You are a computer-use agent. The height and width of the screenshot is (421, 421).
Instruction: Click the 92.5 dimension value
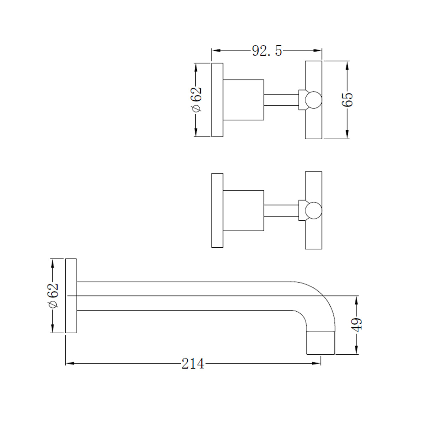point(267,51)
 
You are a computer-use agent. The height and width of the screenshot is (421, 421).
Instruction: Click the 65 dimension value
point(347,100)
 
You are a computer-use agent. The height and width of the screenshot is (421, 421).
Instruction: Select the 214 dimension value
point(193,363)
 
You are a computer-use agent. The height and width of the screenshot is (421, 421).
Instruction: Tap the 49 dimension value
point(357,325)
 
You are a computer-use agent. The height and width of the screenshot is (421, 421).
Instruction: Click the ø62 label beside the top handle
point(196,100)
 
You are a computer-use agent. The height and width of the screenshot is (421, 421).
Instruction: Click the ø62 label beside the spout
point(53,295)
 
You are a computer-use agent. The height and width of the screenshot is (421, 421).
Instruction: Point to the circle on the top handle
point(313,100)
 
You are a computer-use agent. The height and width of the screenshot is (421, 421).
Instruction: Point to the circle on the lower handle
point(313,210)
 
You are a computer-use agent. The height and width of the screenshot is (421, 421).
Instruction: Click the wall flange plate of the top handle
point(217,100)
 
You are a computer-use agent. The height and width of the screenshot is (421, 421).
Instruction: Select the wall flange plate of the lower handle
point(217,210)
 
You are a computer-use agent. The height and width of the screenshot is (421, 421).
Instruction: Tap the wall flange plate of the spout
point(71,296)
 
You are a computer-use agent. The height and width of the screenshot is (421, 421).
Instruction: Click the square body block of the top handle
point(243,100)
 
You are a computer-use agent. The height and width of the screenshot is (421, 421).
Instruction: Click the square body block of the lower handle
point(243,210)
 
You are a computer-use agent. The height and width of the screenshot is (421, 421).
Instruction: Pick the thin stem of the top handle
point(281,100)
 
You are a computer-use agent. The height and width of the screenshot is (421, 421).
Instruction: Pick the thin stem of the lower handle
point(281,210)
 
